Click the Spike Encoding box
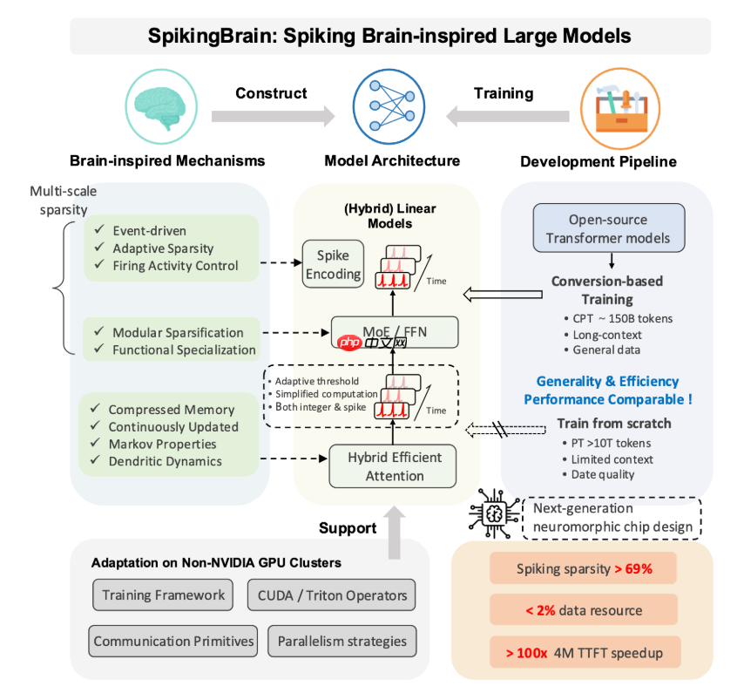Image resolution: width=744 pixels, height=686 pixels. point(332,264)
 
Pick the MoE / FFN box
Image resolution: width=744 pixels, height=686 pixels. point(395,331)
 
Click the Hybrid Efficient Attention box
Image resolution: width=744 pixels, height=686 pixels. point(393,466)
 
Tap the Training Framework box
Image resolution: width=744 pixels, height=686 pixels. point(164,596)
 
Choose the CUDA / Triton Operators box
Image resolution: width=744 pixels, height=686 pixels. point(332,596)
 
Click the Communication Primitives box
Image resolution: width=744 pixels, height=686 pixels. point(174,642)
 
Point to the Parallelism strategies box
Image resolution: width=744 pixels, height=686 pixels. point(342,642)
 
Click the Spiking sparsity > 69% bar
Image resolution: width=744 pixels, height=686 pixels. point(584,569)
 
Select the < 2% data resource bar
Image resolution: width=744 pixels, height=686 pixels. point(584,610)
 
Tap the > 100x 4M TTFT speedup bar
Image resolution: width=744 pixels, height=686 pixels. point(584,652)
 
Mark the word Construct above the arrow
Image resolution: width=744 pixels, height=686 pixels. point(271,93)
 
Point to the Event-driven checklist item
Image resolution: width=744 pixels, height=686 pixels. point(148,231)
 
